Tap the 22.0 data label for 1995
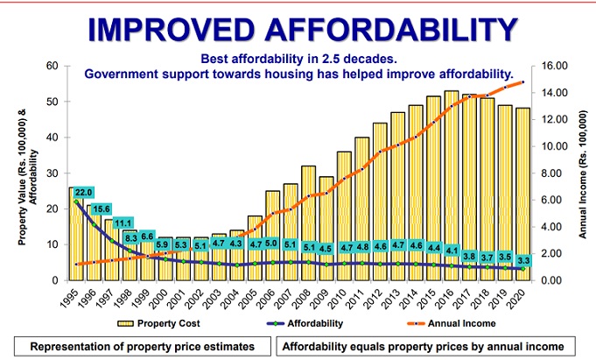[83, 193]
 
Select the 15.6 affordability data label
[102, 208]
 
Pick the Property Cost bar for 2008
[308, 222]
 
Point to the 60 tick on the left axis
[52, 66]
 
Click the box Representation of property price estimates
[142, 346]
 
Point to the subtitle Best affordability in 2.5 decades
[298, 60]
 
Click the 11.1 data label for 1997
[121, 224]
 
